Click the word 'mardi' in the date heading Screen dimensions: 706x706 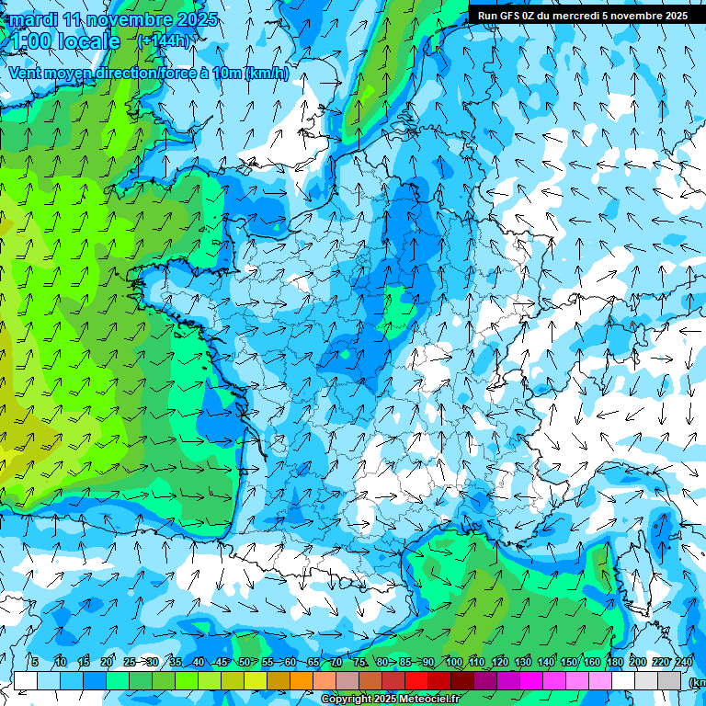pos(34,19)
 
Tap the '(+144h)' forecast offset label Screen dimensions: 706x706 pos(165,40)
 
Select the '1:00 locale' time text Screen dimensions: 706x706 pos(63,41)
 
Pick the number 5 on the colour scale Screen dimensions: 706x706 pos(34,663)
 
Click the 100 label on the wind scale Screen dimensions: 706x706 pos(453,663)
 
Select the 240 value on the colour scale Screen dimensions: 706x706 pos(684,663)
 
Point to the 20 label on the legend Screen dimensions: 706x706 pos(106,663)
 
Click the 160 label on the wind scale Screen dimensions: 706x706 pos(592,663)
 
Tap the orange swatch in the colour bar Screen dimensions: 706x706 pos(302,680)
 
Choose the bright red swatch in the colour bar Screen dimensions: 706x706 pos(416,680)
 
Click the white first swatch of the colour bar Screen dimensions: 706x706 pos(26,680)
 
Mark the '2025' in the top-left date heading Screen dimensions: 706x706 pos(196,19)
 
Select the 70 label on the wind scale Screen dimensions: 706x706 pos(336,663)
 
